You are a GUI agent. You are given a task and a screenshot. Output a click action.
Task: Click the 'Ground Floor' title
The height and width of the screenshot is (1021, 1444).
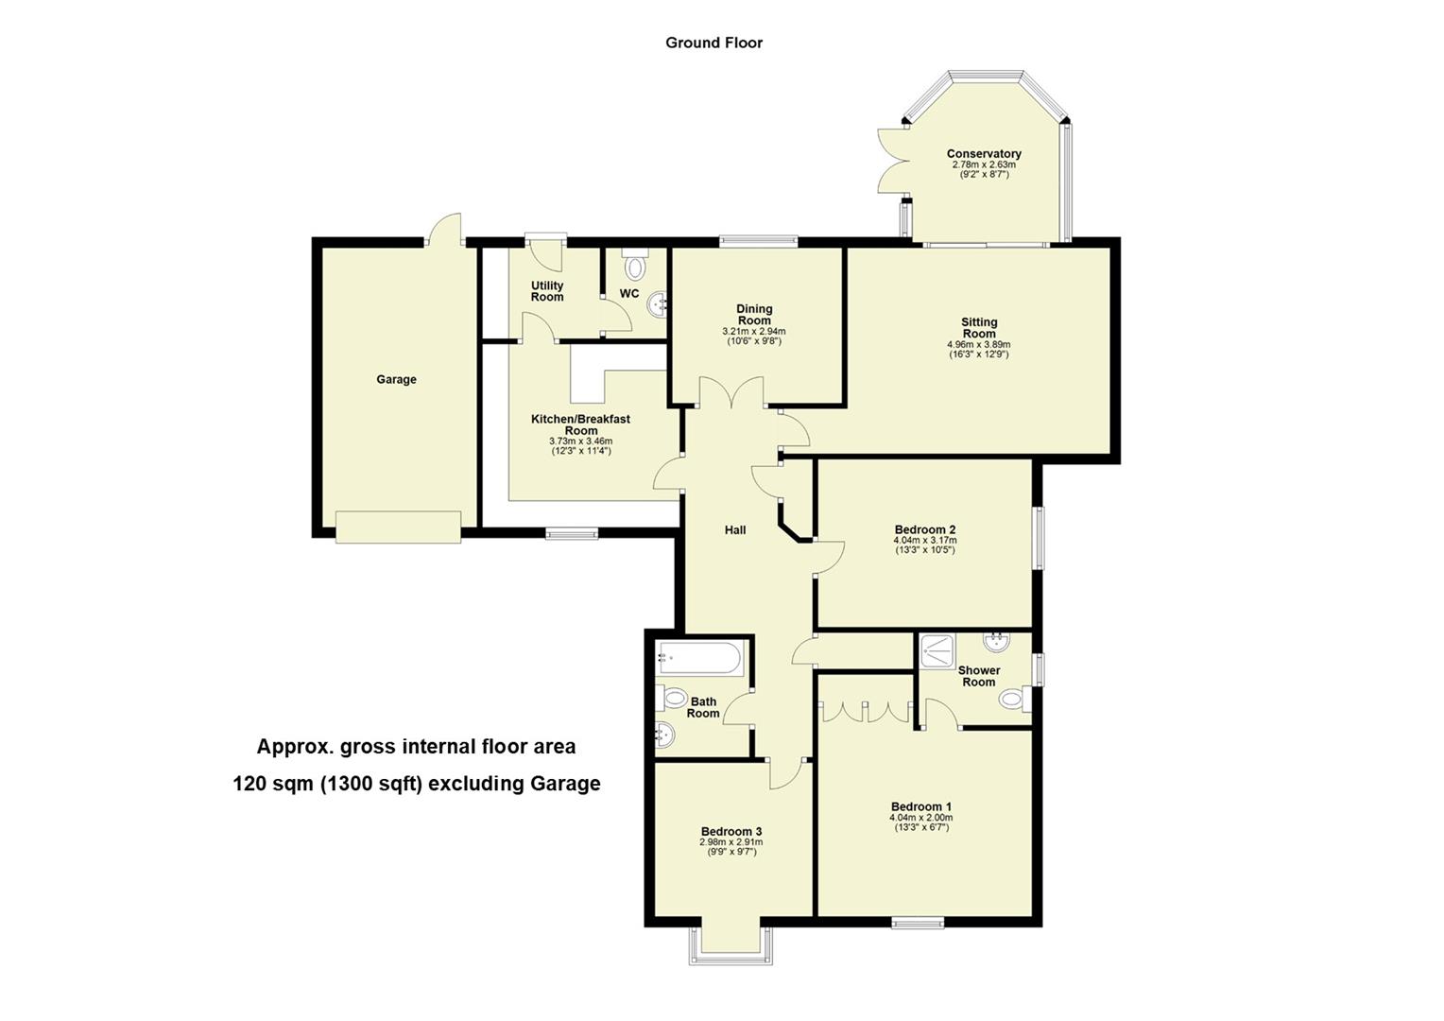point(713,43)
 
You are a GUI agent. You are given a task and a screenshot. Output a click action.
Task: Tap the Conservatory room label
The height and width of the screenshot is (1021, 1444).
point(984,154)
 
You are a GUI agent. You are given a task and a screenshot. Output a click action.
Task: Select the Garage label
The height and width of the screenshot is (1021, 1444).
point(396,380)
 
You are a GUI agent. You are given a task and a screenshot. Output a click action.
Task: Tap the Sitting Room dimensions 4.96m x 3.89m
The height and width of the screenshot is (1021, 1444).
point(979,345)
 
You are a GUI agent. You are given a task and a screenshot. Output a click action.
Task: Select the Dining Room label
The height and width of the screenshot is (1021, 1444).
point(754,315)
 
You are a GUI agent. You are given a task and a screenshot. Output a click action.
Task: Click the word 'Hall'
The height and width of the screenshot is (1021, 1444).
point(735,530)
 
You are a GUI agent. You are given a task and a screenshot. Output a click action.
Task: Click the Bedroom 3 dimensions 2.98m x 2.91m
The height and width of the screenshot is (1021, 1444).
point(731,842)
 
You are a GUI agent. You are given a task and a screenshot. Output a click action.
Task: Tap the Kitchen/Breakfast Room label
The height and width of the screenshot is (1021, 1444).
point(580,424)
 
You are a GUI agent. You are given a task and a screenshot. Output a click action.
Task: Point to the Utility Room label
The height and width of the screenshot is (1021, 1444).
point(547,291)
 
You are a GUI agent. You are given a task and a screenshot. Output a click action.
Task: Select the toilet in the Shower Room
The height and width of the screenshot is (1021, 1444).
point(1014,701)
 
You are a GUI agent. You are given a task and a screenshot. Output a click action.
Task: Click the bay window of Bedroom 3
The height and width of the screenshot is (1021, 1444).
point(731,943)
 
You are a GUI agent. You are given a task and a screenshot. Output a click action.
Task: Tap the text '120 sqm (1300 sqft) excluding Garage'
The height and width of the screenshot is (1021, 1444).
point(417,784)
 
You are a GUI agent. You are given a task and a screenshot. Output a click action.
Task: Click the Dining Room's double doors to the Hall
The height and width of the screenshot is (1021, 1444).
point(731,392)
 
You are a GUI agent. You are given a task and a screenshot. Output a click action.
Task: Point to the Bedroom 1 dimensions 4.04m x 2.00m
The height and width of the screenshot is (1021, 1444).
point(920,818)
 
